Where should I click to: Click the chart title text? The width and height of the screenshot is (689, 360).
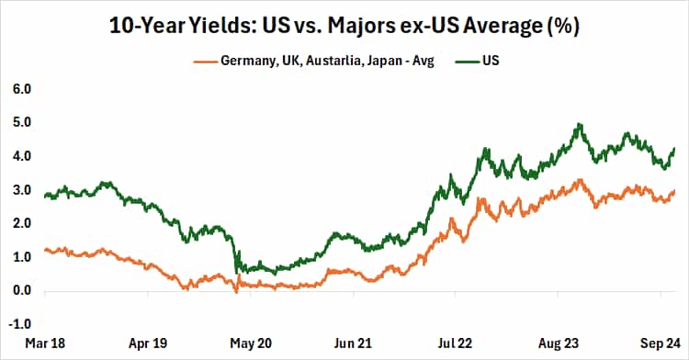[344, 25]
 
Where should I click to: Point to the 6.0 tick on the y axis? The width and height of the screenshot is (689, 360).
[21, 89]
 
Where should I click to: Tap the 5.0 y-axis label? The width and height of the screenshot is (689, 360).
[21, 122]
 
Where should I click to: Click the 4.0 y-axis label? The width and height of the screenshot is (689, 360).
[21, 156]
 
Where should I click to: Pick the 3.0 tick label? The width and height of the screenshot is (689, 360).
[21, 190]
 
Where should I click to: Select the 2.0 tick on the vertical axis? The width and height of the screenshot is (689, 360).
[21, 223]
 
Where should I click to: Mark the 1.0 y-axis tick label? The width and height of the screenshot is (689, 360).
[21, 257]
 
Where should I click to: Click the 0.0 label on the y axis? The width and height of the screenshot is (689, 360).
[21, 291]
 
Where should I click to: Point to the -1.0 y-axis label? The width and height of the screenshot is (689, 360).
[19, 324]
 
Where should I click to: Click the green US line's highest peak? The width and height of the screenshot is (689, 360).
[579, 124]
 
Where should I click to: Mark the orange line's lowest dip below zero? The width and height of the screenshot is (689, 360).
[236, 292]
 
